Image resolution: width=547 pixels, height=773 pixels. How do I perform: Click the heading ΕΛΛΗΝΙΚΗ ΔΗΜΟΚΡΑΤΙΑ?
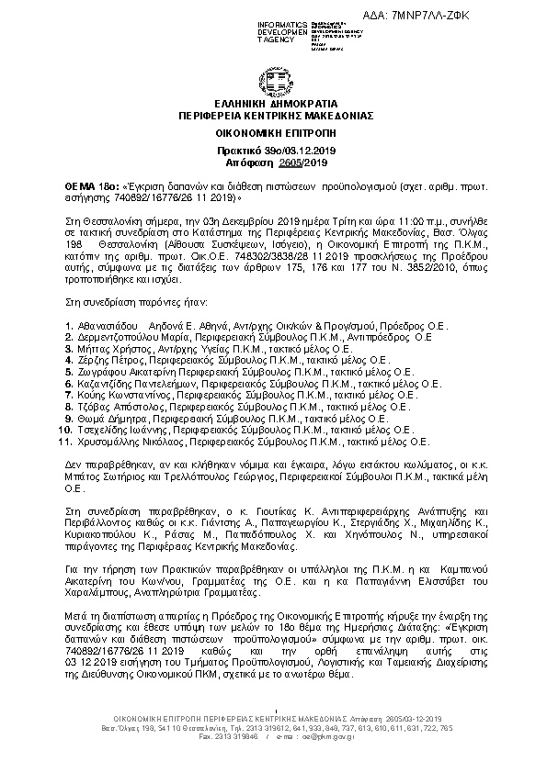click(x=274, y=105)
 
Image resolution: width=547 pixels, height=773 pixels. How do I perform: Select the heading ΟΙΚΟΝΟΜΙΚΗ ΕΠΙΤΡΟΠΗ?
click(x=274, y=133)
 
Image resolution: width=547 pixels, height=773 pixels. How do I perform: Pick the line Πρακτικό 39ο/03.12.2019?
click(x=274, y=148)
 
